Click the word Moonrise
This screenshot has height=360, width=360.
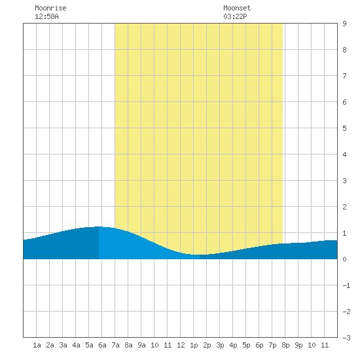point(50,8)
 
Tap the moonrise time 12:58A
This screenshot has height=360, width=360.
point(46,16)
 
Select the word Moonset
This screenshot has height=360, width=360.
point(237,8)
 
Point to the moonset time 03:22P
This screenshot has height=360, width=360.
point(235,16)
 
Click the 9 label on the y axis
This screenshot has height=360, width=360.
point(344,24)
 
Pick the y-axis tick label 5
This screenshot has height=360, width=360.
point(344,128)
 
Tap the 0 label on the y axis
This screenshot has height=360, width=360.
point(344,259)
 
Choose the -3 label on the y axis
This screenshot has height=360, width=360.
point(346,338)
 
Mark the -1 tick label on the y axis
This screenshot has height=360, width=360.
point(346,285)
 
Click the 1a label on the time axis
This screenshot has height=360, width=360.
point(37,345)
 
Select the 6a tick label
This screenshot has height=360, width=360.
point(102,345)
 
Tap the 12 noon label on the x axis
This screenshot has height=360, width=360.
point(181,345)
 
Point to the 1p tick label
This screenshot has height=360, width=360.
point(194,345)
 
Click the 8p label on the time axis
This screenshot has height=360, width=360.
point(285,345)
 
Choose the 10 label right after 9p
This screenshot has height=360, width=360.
point(312,345)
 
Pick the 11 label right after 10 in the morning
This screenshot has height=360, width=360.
point(168,345)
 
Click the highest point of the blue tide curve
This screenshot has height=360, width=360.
point(99,226)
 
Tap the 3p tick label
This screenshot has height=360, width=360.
point(220,345)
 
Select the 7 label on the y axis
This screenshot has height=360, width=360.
point(344,76)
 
